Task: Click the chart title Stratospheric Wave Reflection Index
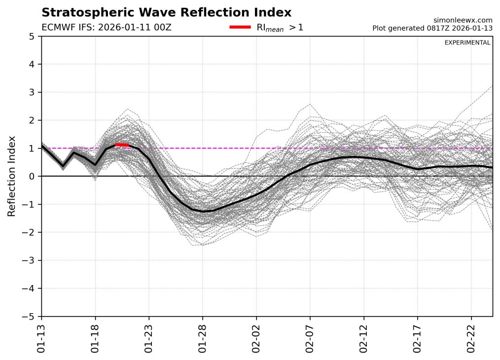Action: [x=166, y=12]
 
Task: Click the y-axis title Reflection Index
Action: [x=12, y=176]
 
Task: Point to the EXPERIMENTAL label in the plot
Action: [x=467, y=43]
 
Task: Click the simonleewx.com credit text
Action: [x=462, y=20]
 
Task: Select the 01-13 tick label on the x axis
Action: [x=41, y=335]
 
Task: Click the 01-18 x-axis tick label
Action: [x=95, y=335]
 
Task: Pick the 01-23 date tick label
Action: [x=149, y=335]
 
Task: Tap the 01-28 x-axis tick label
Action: [x=203, y=335]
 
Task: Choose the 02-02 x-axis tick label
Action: [x=256, y=335]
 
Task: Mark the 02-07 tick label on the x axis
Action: [x=310, y=335]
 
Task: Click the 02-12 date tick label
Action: [x=364, y=335]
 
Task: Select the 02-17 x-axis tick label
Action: [x=418, y=335]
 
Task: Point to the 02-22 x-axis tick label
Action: [x=471, y=335]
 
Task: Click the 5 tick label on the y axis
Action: [x=32, y=36]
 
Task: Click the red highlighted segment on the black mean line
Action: [x=122, y=144]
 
